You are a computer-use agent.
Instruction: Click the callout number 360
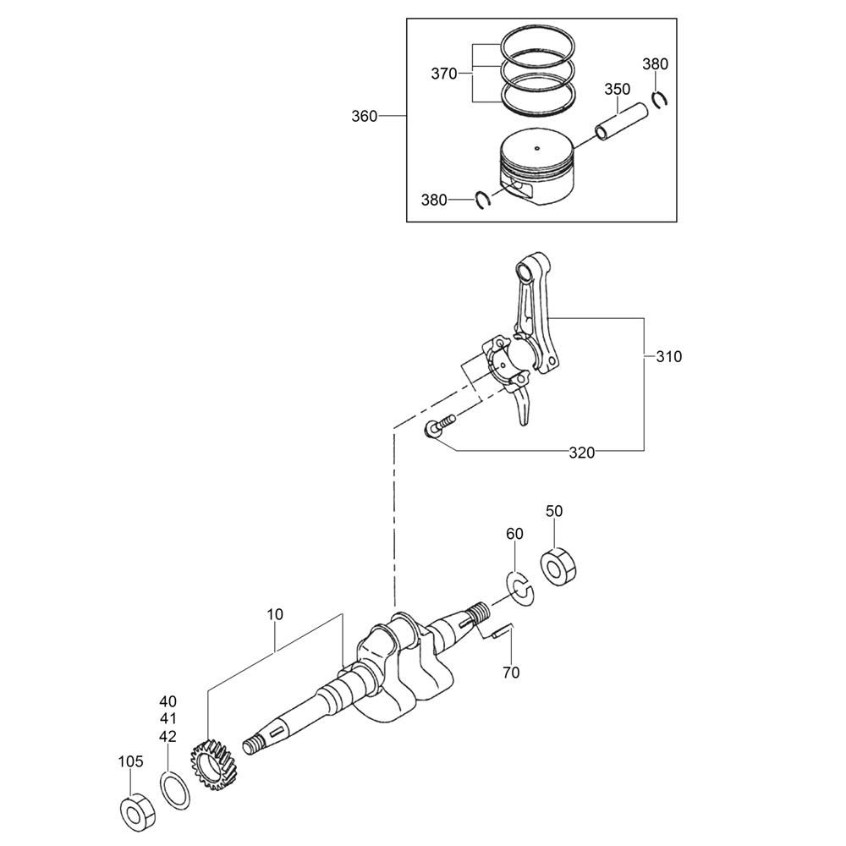364,116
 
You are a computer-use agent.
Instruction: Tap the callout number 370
444,74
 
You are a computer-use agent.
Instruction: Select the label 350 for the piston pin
618,89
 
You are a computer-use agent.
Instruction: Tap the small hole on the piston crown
537,148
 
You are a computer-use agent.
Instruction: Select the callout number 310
669,357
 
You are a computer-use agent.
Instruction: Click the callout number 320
582,453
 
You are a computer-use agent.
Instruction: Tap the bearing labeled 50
559,567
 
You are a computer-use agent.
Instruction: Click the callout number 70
511,673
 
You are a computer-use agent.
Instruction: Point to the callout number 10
275,614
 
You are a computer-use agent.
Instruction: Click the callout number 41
168,719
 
